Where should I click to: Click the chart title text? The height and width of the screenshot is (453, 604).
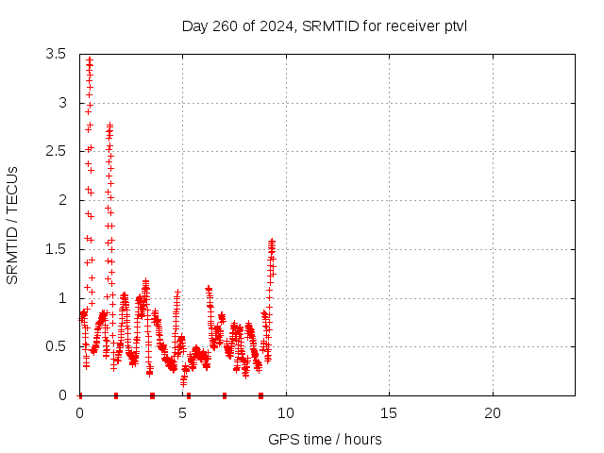pyautogui.click(x=325, y=25)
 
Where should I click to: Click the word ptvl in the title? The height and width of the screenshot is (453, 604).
pyautogui.click(x=453, y=25)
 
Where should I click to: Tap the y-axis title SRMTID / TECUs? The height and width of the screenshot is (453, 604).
pyautogui.click(x=12, y=225)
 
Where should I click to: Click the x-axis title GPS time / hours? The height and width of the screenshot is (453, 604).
pyautogui.click(x=325, y=439)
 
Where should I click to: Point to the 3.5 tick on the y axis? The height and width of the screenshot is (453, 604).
pyautogui.click(x=58, y=54)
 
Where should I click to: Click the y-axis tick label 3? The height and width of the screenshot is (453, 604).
pyautogui.click(x=62, y=102)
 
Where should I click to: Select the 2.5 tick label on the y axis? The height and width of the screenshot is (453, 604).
pyautogui.click(x=58, y=151)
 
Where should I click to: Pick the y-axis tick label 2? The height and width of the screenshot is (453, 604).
pyautogui.click(x=62, y=200)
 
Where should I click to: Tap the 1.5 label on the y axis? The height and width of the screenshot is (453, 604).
pyautogui.click(x=58, y=249)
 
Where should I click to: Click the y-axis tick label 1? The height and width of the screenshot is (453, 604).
pyautogui.click(x=62, y=298)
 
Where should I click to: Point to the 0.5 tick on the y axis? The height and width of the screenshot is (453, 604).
pyautogui.click(x=58, y=346)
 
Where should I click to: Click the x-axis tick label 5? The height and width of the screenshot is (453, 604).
pyautogui.click(x=183, y=413)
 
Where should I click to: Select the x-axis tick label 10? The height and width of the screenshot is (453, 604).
pyautogui.click(x=286, y=413)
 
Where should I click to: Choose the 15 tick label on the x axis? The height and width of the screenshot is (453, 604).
pyautogui.click(x=389, y=413)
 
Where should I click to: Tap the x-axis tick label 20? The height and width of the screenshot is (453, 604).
pyautogui.click(x=492, y=413)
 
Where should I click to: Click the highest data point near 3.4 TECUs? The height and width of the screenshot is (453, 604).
pyautogui.click(x=90, y=59)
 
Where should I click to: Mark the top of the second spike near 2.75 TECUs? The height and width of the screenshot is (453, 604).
pyautogui.click(x=109, y=125)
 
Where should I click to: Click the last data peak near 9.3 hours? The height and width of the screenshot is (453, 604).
pyautogui.click(x=272, y=242)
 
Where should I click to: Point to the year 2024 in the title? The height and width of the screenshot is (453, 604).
pyautogui.click(x=277, y=25)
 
